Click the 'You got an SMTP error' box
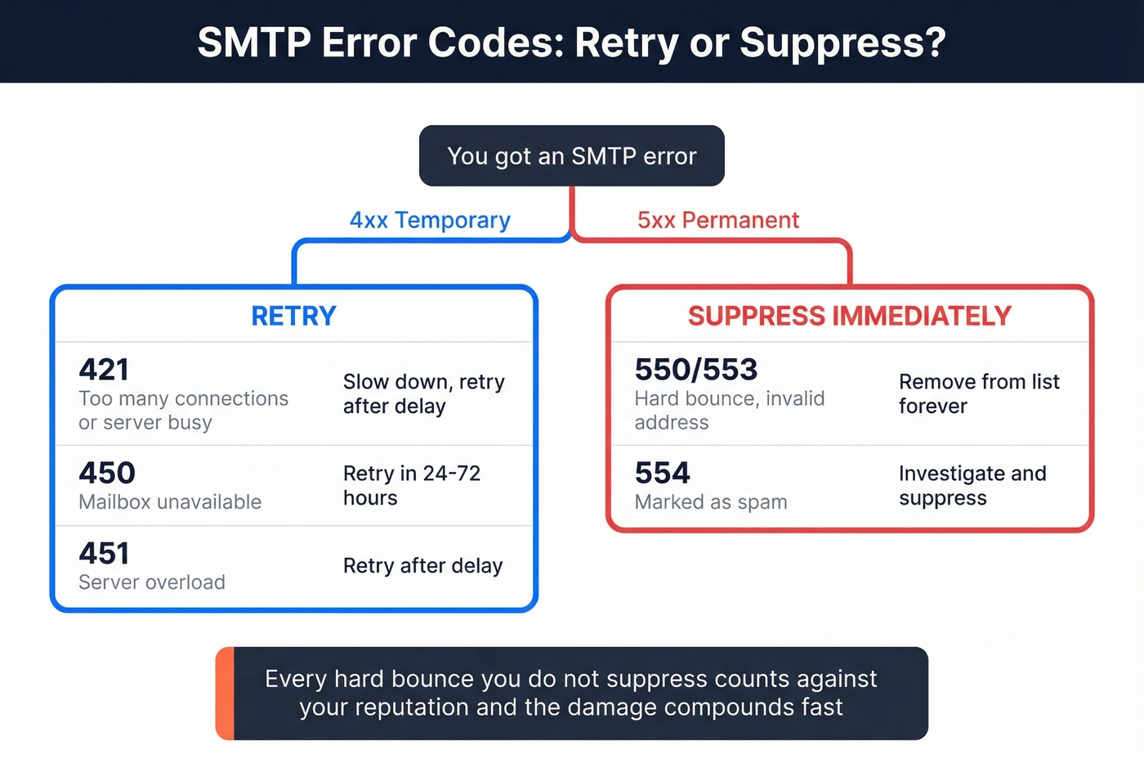point(571,155)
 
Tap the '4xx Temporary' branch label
point(430,220)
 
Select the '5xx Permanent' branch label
point(718,220)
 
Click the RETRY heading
point(293,316)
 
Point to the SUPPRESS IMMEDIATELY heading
point(849,316)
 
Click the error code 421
point(104,370)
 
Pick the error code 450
point(107,473)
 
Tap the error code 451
point(104,554)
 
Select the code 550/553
point(696,370)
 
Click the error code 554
point(663,473)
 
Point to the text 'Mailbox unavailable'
point(170,502)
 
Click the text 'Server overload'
point(152,582)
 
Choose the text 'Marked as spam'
point(711,502)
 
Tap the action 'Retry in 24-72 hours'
point(411,486)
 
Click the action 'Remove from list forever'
point(979,393)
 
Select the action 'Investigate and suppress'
point(972,486)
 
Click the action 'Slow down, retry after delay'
point(423,393)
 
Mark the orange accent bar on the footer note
point(225,694)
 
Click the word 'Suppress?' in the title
point(842,43)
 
